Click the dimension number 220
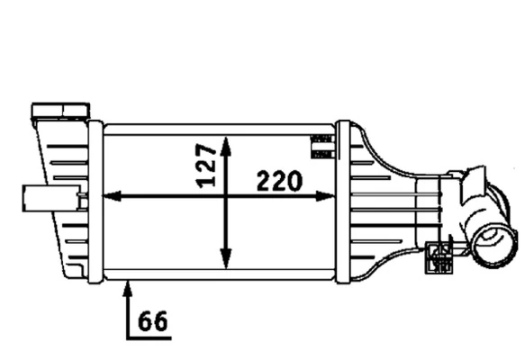279,181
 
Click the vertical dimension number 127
206,163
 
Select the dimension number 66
154,320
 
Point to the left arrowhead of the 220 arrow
112,195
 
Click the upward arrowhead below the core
129,288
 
